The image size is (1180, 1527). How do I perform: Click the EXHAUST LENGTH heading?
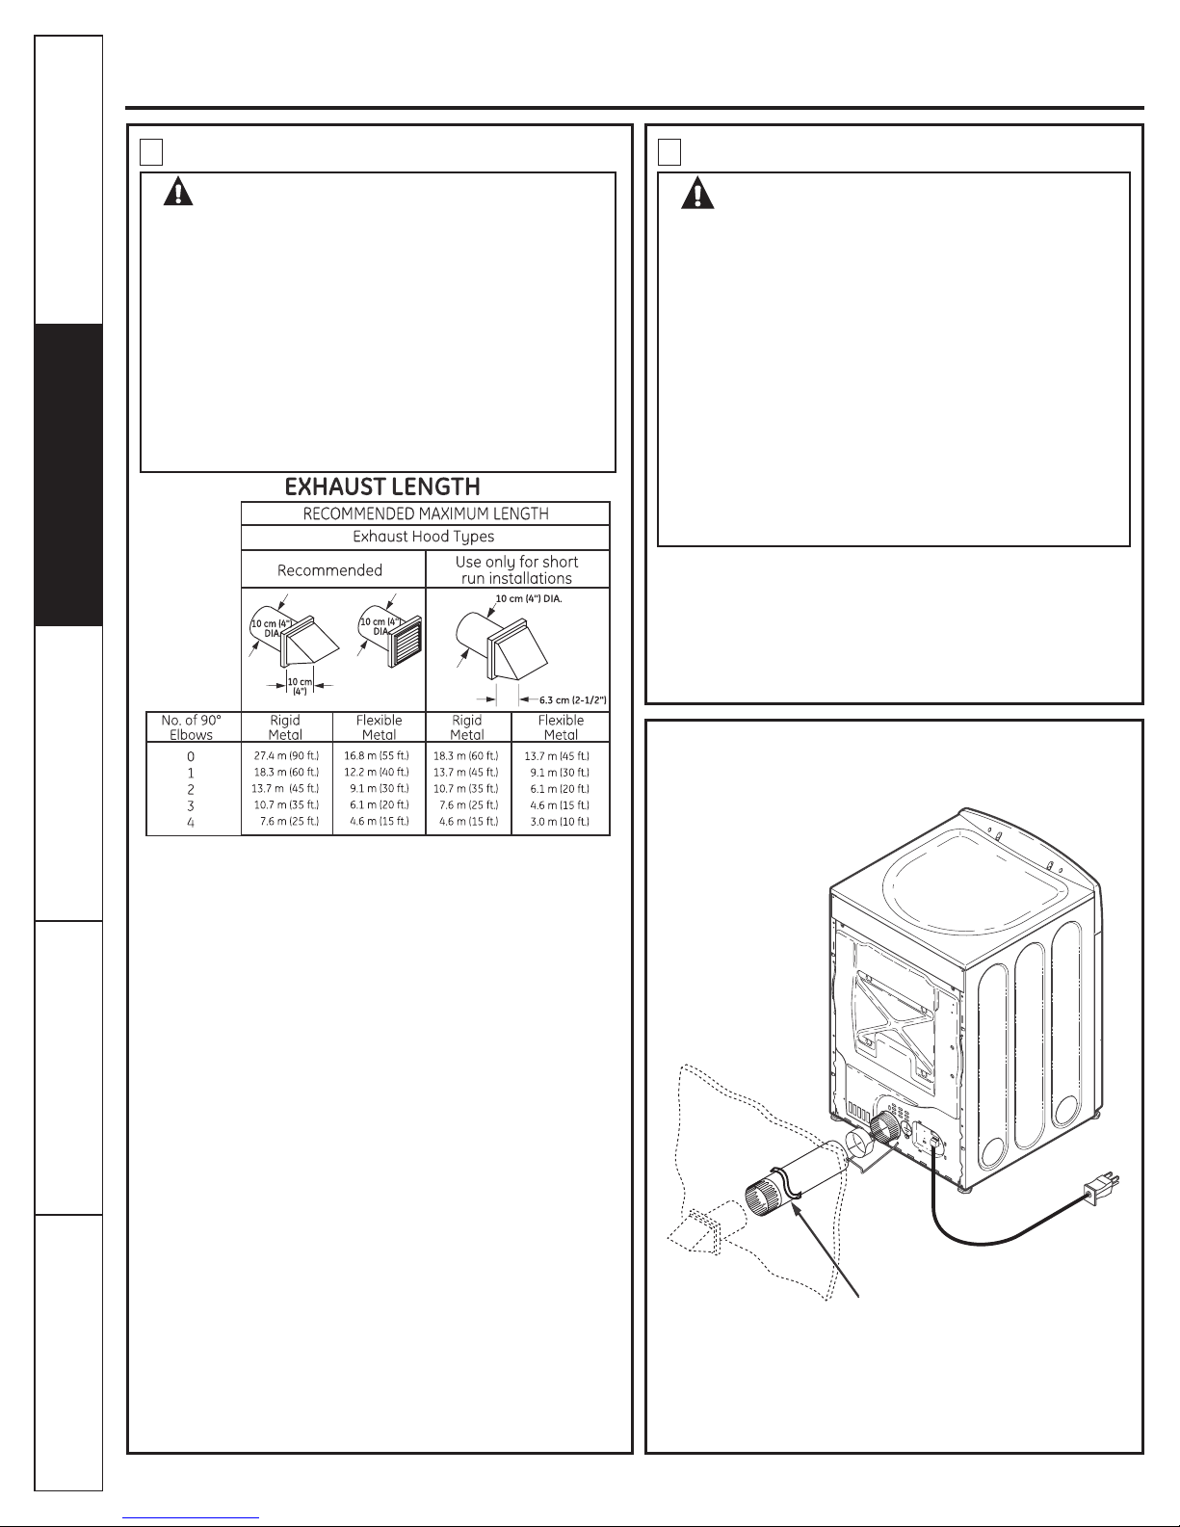pyautogui.click(x=382, y=487)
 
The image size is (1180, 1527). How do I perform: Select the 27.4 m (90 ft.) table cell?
pyautogui.click(x=286, y=756)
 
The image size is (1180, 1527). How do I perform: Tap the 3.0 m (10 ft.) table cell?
pyautogui.click(x=560, y=822)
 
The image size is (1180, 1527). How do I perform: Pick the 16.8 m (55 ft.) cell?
pyautogui.click(x=377, y=756)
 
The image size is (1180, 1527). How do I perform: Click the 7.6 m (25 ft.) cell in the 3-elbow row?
pyautogui.click(x=468, y=805)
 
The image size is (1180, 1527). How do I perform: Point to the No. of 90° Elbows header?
pyautogui.click(x=191, y=727)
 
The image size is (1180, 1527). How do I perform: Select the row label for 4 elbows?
pyautogui.click(x=191, y=822)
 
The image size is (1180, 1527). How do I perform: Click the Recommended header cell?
pyautogui.click(x=329, y=570)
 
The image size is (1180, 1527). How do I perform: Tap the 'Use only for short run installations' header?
pyautogui.click(x=517, y=570)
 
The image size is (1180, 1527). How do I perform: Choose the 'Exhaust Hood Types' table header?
pyautogui.click(x=424, y=537)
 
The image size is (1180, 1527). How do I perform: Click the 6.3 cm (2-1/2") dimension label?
pyautogui.click(x=572, y=699)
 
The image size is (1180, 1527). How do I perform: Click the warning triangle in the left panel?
pyautogui.click(x=178, y=191)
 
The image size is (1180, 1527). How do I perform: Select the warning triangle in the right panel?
pyautogui.click(x=697, y=193)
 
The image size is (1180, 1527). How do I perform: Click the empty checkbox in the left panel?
pyautogui.click(x=151, y=152)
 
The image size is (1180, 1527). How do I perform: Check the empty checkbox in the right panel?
pyautogui.click(x=669, y=152)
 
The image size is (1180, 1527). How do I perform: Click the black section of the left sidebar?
pyautogui.click(x=68, y=475)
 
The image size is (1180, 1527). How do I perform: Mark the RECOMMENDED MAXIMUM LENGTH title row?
pyautogui.click(x=426, y=513)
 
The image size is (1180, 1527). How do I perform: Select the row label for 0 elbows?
pyautogui.click(x=191, y=757)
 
